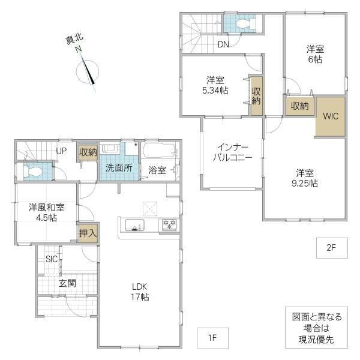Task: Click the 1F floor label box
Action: point(212,338)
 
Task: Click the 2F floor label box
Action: point(332,248)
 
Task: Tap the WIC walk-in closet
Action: point(331,116)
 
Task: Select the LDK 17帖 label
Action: point(140,292)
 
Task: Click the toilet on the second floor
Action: point(245,23)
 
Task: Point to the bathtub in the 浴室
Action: point(160,151)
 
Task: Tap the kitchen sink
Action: point(134,225)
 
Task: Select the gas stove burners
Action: point(169,224)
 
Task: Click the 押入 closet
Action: point(88,233)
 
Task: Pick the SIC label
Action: point(52,259)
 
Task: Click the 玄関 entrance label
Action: point(67,283)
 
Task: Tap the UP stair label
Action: point(61,151)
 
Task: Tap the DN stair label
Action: point(223,44)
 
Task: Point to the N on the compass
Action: point(79,49)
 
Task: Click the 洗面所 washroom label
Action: point(119,168)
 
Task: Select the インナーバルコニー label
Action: point(233,152)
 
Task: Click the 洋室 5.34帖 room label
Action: point(215,85)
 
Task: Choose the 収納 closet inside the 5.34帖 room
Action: point(256,96)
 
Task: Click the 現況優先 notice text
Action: point(316,340)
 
